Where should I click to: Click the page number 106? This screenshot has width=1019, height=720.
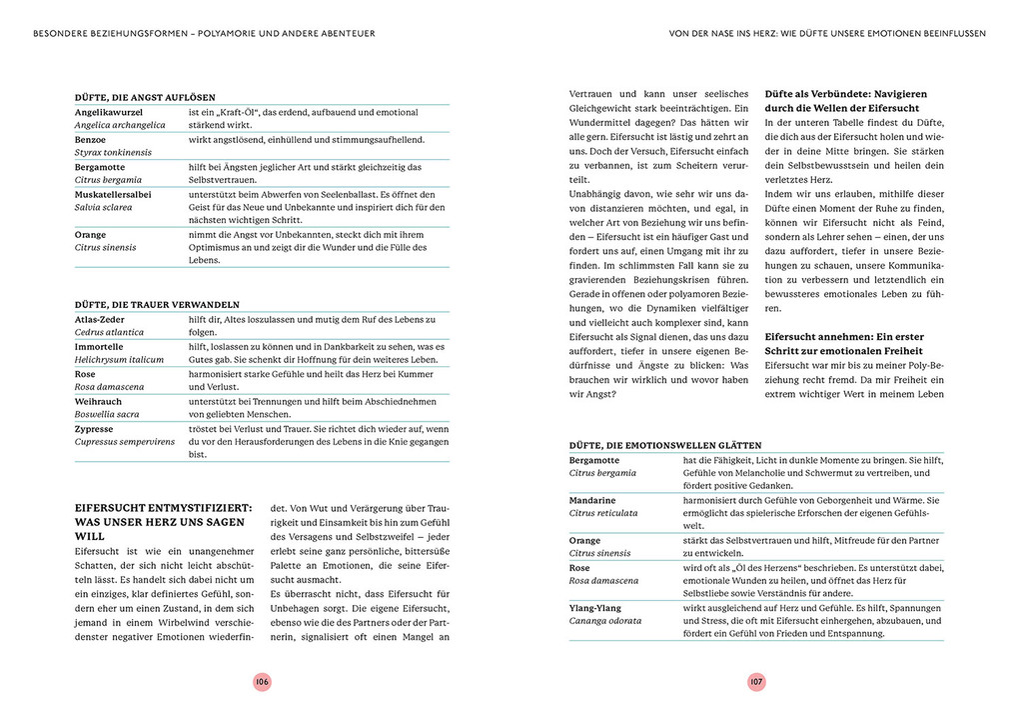262,681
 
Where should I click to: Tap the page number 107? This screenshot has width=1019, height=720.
756,681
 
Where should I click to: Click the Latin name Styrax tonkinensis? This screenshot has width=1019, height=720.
113,152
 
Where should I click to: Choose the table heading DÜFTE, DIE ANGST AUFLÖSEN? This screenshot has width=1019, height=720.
145,97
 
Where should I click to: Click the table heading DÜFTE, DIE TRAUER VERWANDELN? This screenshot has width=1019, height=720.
157,304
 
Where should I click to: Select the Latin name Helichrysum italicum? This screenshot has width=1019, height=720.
118,359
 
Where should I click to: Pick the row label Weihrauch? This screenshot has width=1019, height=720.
99,401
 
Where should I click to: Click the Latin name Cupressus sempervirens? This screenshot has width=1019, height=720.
124,441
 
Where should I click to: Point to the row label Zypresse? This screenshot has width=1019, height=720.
96,428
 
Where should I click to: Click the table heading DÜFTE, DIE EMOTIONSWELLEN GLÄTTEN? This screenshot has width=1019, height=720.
665,445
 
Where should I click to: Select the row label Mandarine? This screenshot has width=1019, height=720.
592,500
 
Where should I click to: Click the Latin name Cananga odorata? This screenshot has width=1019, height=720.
605,621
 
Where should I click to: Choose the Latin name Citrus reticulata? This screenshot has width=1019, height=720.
603,513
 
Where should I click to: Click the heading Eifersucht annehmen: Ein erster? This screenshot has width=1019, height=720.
844,337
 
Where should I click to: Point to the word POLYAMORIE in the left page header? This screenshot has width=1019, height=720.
234,33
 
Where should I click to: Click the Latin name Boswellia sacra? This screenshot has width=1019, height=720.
107,414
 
